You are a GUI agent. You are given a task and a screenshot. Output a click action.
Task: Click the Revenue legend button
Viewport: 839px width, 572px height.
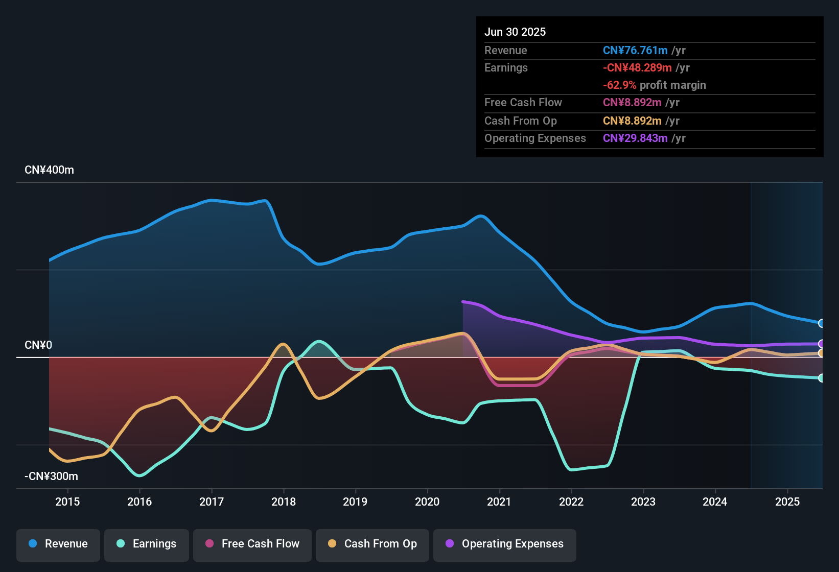[x=58, y=544]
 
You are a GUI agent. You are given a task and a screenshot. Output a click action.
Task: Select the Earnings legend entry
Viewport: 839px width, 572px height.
[x=147, y=544]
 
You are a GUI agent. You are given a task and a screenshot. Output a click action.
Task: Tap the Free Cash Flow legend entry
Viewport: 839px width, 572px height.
[x=252, y=544]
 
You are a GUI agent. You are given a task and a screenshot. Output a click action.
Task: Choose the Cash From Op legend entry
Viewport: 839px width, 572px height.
[x=372, y=544]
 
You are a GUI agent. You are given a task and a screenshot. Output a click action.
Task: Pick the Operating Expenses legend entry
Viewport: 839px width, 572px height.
[x=505, y=544]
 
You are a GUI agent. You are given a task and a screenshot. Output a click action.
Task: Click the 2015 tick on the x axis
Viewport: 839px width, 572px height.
[x=67, y=502]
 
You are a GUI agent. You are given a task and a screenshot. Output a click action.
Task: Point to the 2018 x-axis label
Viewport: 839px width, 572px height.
[x=284, y=502]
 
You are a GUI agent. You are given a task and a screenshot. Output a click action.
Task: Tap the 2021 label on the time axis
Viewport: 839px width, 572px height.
[x=499, y=502]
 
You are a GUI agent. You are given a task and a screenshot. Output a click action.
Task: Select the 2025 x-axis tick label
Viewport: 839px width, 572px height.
[x=787, y=502]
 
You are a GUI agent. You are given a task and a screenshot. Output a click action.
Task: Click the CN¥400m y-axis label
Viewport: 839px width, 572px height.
[x=49, y=170]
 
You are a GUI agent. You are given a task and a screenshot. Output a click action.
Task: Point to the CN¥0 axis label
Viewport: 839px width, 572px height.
[x=38, y=345]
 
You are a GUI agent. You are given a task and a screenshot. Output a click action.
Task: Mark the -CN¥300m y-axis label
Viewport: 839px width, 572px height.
[x=51, y=476]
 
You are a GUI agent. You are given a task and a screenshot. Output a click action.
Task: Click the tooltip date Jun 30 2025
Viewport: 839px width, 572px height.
[x=515, y=32]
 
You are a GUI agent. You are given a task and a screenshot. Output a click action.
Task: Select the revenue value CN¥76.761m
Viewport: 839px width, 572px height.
[x=635, y=51]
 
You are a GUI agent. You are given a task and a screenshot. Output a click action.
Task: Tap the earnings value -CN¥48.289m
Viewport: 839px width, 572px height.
[x=637, y=68]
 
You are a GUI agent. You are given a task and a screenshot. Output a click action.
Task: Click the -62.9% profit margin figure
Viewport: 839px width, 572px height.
[x=619, y=85]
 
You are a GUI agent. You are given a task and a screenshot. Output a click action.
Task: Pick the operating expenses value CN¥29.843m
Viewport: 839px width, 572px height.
[x=635, y=138]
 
